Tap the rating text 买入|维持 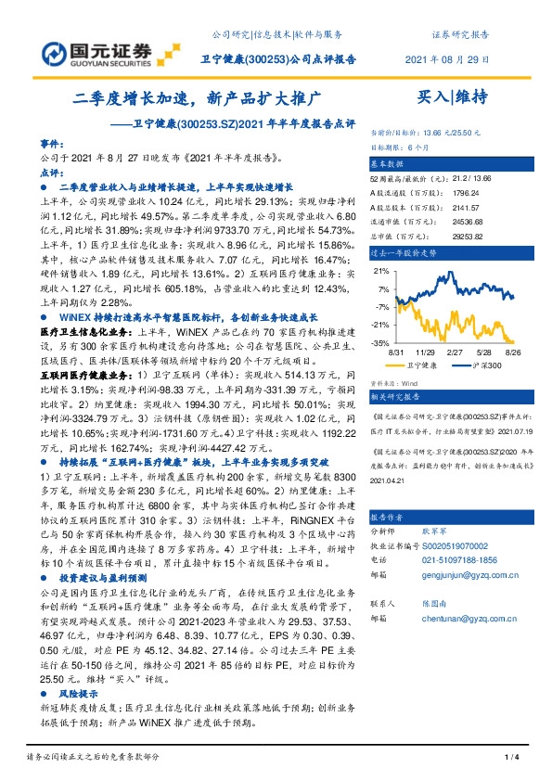click(452, 96)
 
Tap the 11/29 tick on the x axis click(425, 352)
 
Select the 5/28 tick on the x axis click(484, 352)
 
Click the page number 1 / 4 click(508, 759)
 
